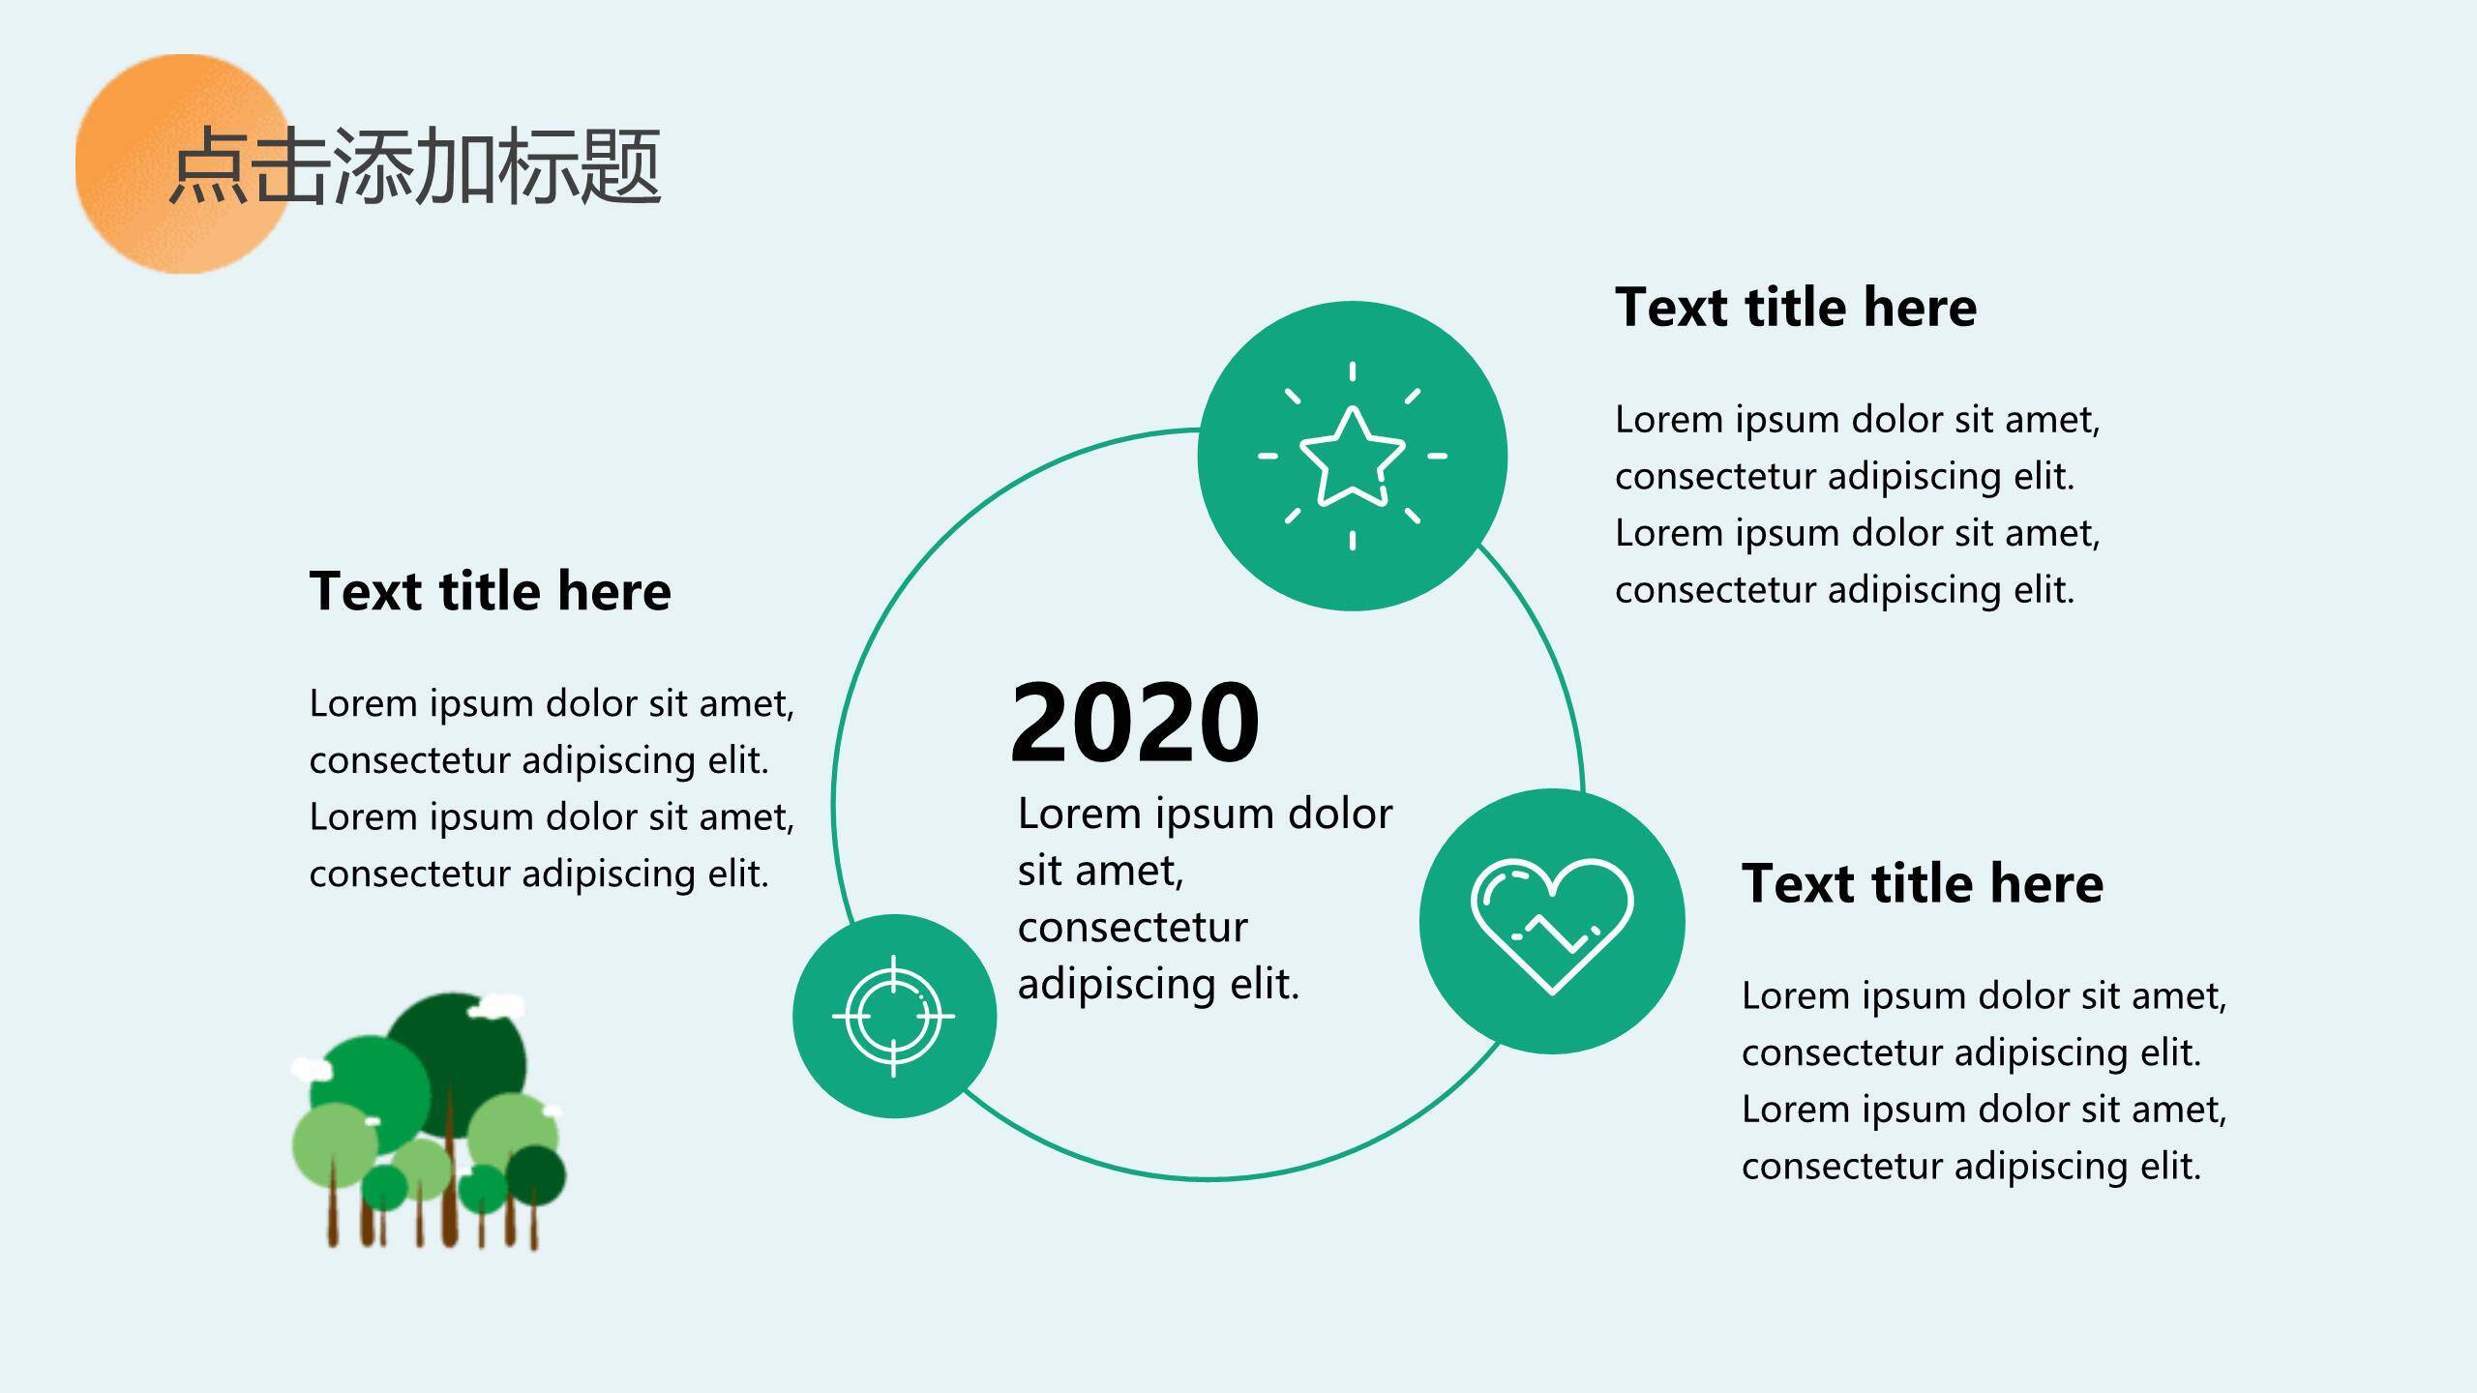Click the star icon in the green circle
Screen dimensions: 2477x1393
[x=1352, y=456]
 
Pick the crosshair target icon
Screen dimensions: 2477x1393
[x=893, y=1016]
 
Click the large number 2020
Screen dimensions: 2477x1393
[x=1135, y=722]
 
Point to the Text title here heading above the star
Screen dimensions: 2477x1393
[x=1796, y=308]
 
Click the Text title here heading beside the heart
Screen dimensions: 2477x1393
[x=1923, y=883]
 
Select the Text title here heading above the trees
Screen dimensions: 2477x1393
[x=490, y=591]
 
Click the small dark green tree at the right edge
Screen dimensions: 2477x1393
[x=536, y=1176]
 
